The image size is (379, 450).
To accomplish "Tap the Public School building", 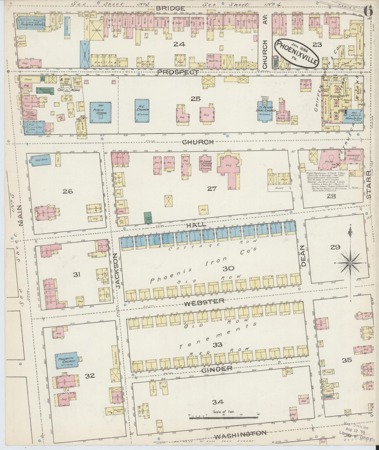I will tap(100, 112).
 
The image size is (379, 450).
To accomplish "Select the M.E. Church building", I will tap(143, 111).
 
